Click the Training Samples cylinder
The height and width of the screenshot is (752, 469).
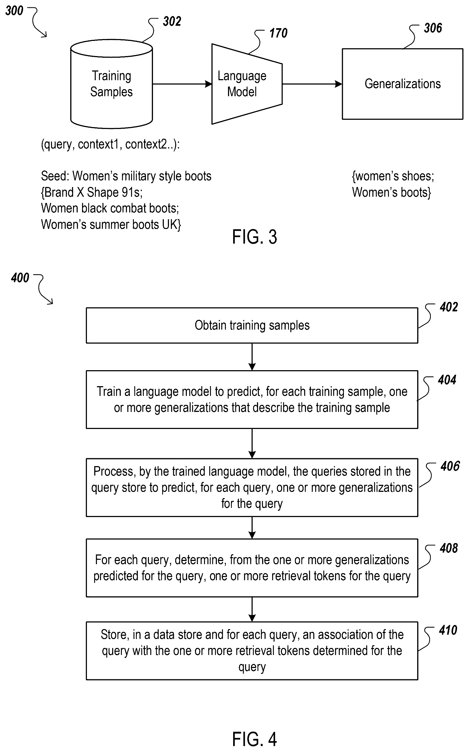(x=111, y=84)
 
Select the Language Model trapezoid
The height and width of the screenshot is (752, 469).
(x=247, y=84)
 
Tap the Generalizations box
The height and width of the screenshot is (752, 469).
(x=402, y=84)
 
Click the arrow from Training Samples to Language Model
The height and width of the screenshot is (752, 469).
(x=182, y=84)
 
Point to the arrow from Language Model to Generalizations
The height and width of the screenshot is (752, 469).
(x=312, y=84)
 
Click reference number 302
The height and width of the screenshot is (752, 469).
(x=172, y=21)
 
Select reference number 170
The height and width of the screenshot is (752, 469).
(x=278, y=33)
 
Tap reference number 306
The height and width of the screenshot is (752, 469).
(x=433, y=28)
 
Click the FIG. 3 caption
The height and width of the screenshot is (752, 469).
(x=254, y=237)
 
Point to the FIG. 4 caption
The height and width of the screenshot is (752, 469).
(x=254, y=739)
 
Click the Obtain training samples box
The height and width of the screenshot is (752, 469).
(x=252, y=325)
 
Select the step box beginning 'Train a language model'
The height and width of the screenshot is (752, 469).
(x=252, y=399)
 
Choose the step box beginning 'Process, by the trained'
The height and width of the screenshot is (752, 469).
(x=252, y=487)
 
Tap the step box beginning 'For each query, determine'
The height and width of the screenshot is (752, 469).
(x=252, y=568)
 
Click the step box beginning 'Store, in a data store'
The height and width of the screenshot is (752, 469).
(x=252, y=650)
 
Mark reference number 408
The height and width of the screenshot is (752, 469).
(x=448, y=548)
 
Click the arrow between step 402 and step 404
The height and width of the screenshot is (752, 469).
(x=252, y=357)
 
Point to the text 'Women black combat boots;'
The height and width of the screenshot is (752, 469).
(x=110, y=208)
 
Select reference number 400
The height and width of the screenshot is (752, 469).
(x=20, y=278)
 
